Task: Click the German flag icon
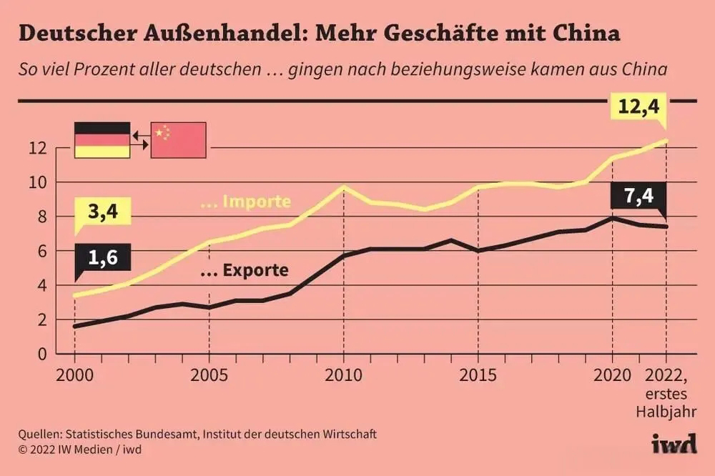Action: click(x=102, y=139)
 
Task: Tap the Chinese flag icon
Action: click(x=178, y=139)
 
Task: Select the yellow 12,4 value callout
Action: click(x=638, y=109)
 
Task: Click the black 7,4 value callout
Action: click(x=638, y=197)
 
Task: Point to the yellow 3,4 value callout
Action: click(x=103, y=213)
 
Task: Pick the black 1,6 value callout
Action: click(x=103, y=259)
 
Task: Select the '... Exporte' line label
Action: click(x=244, y=271)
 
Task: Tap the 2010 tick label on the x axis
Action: click(x=343, y=376)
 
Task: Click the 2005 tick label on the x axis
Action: click(x=209, y=376)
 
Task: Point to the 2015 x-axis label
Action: click(x=478, y=376)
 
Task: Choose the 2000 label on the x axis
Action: click(x=74, y=376)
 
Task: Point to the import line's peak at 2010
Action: click(x=343, y=187)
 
